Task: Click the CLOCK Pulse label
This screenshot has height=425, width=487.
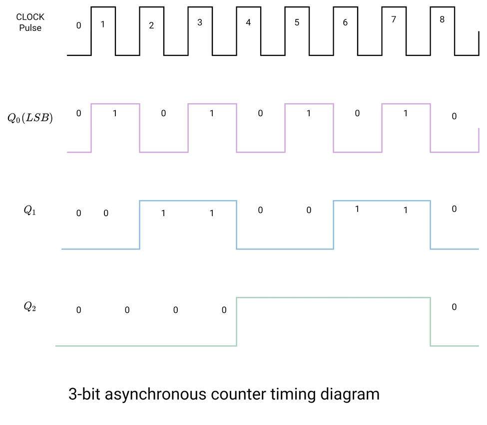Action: coord(30,22)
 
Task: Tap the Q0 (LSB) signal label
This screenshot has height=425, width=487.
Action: coord(30,118)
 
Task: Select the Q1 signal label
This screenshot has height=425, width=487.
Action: coord(30,211)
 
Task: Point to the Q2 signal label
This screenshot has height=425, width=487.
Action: coord(30,307)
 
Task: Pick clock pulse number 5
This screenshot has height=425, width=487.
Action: coord(297,22)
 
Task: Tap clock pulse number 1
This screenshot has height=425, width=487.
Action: coord(103,23)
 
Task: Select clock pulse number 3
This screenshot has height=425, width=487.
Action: coord(200,22)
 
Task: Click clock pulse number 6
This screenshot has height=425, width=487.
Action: coord(345,23)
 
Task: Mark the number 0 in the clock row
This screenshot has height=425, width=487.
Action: coord(78,25)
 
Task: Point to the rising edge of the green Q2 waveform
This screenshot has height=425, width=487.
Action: coord(236,322)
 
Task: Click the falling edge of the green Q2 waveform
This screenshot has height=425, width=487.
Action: coord(430,322)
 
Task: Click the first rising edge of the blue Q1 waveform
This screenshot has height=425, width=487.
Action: coord(140,224)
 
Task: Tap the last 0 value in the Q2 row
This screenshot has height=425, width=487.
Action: coord(454,307)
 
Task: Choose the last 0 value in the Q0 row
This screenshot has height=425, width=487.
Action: coord(454,117)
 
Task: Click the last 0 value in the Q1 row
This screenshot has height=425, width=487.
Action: coord(454,209)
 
